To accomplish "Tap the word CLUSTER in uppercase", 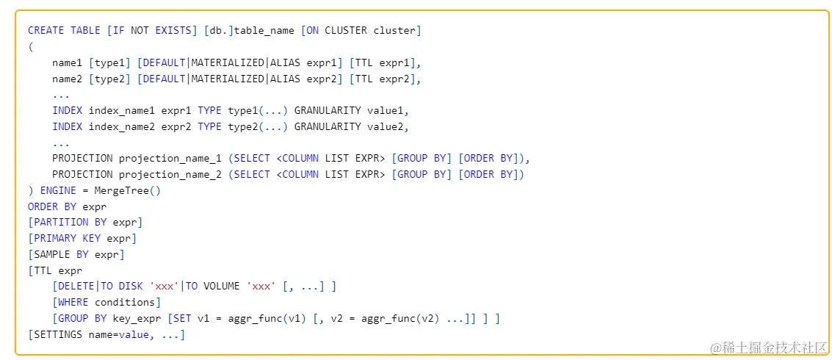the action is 345,30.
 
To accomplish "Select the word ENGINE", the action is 58,190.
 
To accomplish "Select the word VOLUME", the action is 222,286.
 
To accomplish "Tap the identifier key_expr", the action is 134,318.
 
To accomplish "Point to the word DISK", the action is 131,286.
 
